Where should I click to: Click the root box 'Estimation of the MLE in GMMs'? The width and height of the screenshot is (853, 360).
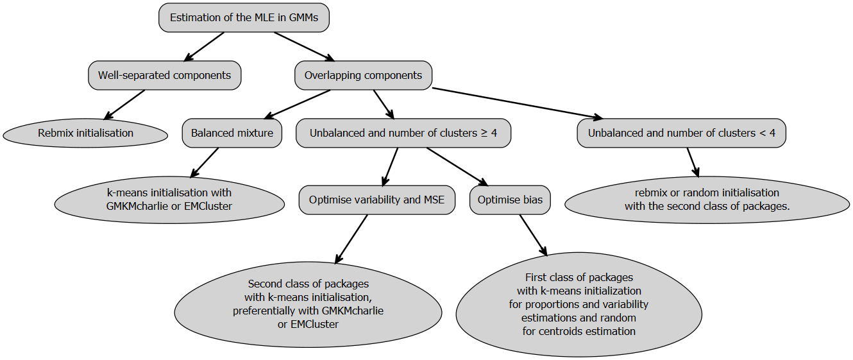244,18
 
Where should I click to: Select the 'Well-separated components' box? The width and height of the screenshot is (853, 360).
164,76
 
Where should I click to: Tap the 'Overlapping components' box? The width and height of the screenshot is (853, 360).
363,76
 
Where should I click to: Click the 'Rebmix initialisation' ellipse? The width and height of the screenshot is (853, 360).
85,133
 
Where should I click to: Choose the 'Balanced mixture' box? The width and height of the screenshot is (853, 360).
232,133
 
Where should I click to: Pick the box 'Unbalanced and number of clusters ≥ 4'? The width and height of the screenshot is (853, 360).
403,133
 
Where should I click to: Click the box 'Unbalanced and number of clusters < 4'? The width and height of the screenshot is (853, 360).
681,133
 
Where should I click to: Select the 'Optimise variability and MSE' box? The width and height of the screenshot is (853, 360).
376,200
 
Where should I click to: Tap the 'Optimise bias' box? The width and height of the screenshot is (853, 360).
510,200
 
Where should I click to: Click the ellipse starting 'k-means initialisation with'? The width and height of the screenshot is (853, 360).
169,200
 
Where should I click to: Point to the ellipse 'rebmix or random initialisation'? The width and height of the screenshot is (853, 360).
707,200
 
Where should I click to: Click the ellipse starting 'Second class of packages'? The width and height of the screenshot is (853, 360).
308,304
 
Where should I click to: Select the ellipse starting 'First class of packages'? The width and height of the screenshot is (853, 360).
579,304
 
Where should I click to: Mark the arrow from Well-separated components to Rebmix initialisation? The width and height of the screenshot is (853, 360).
124,105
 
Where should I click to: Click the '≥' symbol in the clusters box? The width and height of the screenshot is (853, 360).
483,133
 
